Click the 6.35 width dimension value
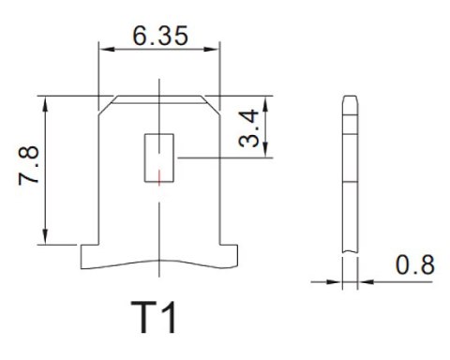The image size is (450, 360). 160,37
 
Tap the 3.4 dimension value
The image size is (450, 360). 248,127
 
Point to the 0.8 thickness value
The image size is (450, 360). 414,265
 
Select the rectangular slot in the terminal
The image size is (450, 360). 159,157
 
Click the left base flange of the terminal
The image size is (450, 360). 90,254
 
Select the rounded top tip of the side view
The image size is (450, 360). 349,97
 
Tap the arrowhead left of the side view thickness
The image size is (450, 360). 336,278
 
